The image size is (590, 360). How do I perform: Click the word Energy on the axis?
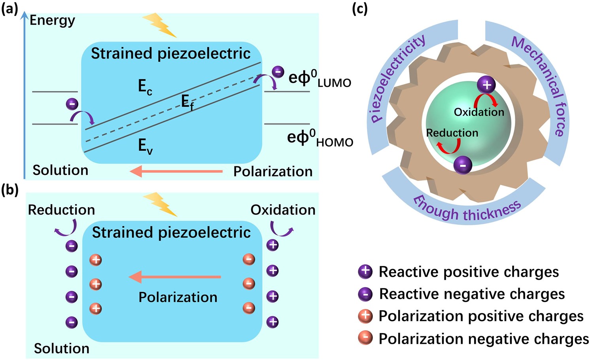pyautogui.click(x=52, y=20)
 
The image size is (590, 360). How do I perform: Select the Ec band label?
pyautogui.click(x=145, y=87)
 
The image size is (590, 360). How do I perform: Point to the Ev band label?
pyautogui.click(x=145, y=146)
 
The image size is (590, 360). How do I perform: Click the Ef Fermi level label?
pyautogui.click(x=187, y=103)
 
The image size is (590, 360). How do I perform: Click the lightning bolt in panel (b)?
pyautogui.click(x=160, y=204)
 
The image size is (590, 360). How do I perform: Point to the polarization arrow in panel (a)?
pyautogui.click(x=176, y=171)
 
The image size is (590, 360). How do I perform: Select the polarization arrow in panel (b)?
pyautogui.click(x=175, y=277)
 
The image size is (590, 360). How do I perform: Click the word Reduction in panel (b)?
pyautogui.click(x=61, y=210)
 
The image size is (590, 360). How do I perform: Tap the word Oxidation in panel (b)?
pyautogui.click(x=283, y=210)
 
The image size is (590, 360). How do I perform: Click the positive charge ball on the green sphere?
pyautogui.click(x=486, y=85)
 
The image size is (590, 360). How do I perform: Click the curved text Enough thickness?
pyautogui.click(x=467, y=210)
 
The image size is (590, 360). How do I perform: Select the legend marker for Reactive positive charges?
pyautogui.click(x=365, y=271)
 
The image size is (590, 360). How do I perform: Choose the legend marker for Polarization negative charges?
pyautogui.click(x=365, y=338)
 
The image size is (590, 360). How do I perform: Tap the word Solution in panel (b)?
pyautogui.click(x=61, y=349)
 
